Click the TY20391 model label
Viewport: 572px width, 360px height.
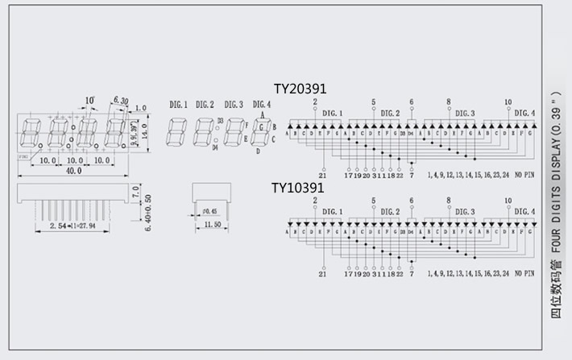300,89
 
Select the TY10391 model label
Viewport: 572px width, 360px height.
297,188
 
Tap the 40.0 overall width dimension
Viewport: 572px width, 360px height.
73,172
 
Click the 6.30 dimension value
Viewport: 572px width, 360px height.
122,100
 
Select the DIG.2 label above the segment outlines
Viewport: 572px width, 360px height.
205,105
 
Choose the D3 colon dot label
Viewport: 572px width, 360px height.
220,120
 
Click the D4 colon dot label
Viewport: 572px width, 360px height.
215,147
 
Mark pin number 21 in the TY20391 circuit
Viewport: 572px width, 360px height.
322,175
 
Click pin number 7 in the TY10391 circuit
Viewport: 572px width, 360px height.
412,275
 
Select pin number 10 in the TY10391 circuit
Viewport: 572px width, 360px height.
508,201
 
